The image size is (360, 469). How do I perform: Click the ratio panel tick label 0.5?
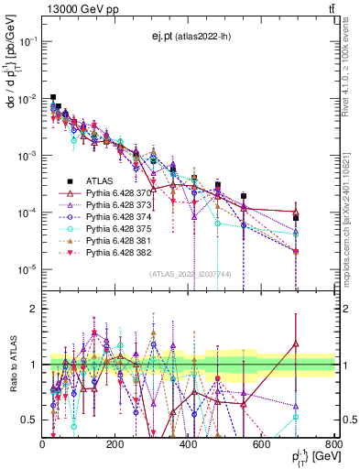coord(31,420)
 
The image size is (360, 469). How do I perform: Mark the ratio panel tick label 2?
coord(34,309)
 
